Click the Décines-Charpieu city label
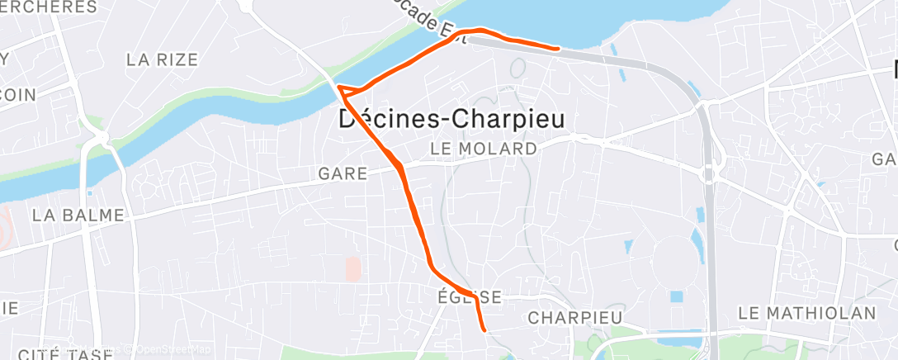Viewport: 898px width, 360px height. coord(452,120)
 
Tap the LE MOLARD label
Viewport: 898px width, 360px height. coord(483,149)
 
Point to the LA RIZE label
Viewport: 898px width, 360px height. coord(162,59)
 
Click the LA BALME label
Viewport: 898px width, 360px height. coord(78,216)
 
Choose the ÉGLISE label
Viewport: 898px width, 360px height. coord(468,296)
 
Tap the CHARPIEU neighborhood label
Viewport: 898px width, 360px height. coord(574,318)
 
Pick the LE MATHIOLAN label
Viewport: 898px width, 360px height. coord(806,313)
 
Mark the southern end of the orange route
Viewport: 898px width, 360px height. coord(484,330)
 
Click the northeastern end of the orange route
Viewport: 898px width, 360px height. coord(559,49)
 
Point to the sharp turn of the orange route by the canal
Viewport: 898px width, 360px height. coord(339,85)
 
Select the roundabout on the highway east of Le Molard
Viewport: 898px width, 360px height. coord(707,175)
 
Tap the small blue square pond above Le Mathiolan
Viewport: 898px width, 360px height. coord(677,296)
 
